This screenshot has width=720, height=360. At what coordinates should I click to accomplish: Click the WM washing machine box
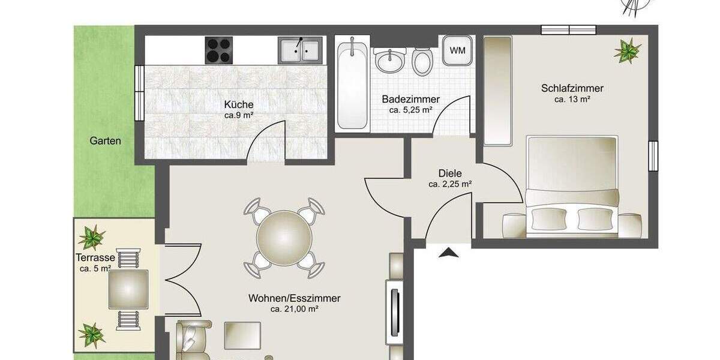(457, 50)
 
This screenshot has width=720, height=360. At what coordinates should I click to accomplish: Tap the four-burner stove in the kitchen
(219, 50)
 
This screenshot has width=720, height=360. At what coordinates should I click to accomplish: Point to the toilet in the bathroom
(422, 61)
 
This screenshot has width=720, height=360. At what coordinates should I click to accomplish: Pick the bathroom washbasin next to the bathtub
(391, 59)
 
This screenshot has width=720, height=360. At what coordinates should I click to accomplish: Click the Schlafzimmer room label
(572, 89)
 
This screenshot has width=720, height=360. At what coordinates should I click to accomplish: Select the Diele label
(449, 173)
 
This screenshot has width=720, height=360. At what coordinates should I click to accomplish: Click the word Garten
(106, 142)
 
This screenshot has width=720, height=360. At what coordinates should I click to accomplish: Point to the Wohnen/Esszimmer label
(294, 298)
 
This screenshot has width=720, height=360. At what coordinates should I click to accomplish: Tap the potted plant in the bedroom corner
(627, 50)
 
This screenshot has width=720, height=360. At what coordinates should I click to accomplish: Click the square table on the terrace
(128, 289)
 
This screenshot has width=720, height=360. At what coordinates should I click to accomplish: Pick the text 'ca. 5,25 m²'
(411, 110)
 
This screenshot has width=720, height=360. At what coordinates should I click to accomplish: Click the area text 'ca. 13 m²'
(572, 100)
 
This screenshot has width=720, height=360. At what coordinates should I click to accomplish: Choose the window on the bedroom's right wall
(653, 156)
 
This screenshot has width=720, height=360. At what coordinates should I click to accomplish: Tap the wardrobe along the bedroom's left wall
(497, 90)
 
